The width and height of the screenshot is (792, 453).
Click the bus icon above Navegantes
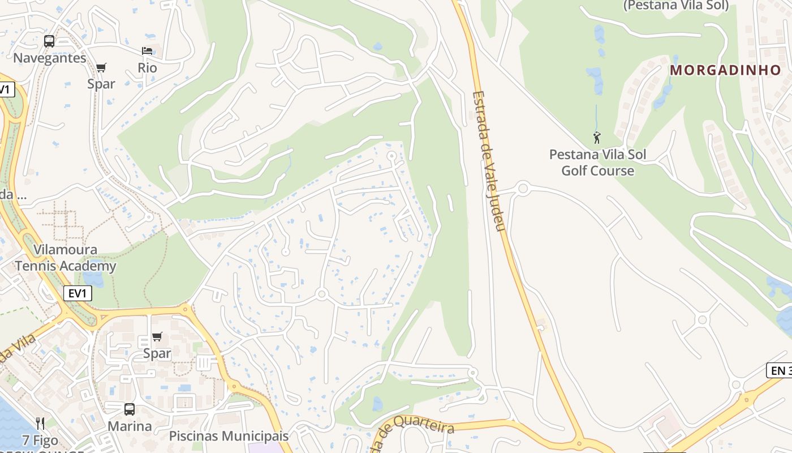(x=49, y=41)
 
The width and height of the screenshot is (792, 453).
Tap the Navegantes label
(x=50, y=58)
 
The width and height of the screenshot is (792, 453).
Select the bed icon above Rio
(x=147, y=51)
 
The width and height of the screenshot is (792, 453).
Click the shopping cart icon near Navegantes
(x=101, y=68)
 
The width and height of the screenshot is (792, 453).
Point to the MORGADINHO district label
(x=726, y=70)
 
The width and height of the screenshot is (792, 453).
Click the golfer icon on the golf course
(x=597, y=137)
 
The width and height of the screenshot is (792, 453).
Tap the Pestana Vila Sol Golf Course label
(x=597, y=163)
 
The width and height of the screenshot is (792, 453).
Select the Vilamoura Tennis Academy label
(x=65, y=258)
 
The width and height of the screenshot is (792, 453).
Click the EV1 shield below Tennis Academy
(x=78, y=293)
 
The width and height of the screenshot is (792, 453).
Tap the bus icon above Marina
(x=130, y=409)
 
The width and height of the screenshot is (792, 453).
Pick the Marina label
(x=130, y=426)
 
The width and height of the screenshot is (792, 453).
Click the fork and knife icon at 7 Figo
(x=40, y=424)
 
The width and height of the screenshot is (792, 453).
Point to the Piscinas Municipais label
(x=229, y=436)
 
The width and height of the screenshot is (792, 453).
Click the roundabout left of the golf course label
(x=523, y=188)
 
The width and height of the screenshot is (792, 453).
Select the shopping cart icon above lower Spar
(x=157, y=337)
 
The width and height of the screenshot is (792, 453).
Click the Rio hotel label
(x=147, y=68)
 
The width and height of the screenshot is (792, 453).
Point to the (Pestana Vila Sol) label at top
(x=675, y=6)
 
